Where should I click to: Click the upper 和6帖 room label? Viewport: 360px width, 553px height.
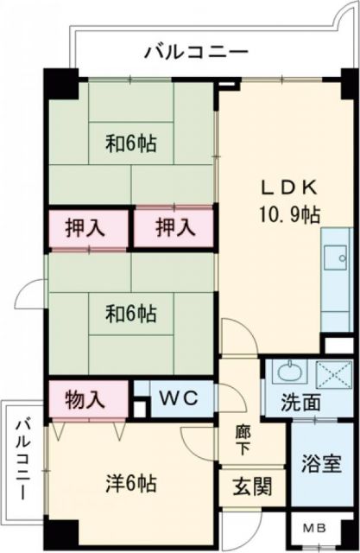point(131,143)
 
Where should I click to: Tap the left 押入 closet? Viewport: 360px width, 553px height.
point(88,228)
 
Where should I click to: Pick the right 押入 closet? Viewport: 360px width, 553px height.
point(174,228)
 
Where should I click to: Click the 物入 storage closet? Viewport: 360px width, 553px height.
point(88,399)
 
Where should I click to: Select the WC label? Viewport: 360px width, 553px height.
point(180,399)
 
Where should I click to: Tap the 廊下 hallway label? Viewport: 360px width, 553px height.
point(243,442)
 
